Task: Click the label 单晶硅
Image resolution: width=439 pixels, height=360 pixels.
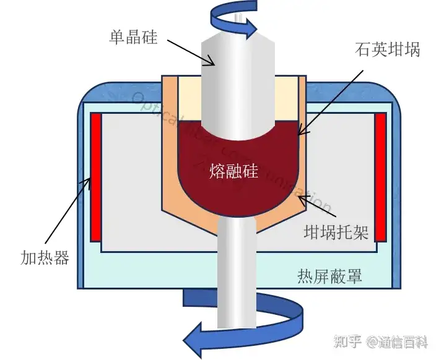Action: click(x=133, y=38)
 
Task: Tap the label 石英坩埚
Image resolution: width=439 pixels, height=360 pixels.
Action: click(x=388, y=50)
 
